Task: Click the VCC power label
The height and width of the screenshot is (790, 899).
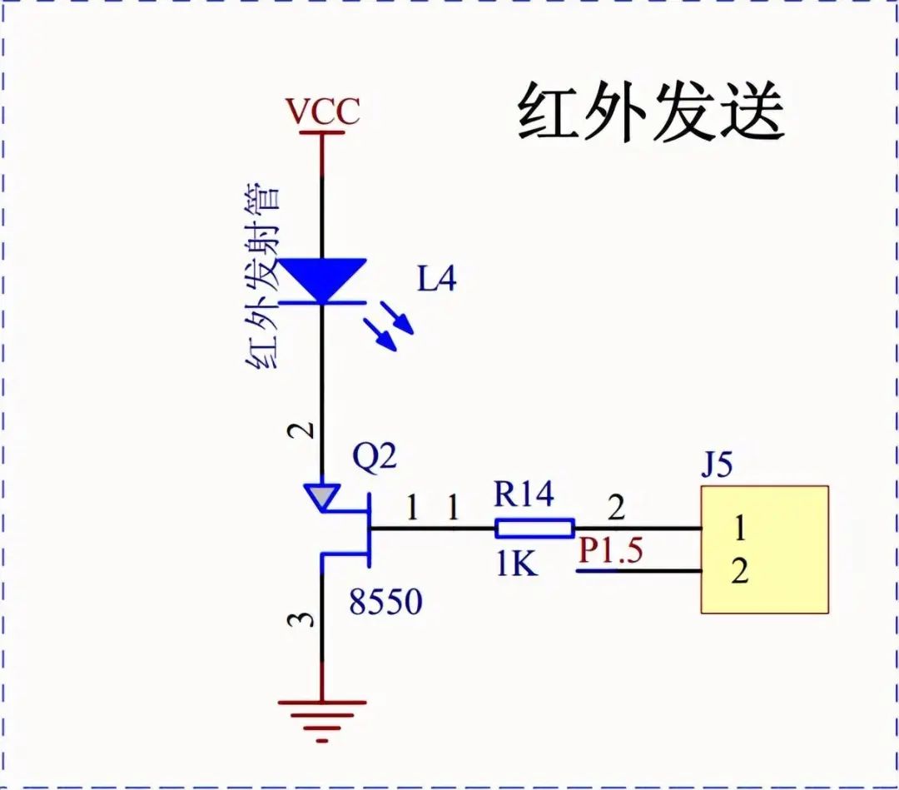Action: (x=322, y=112)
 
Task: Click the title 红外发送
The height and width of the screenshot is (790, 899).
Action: (x=651, y=113)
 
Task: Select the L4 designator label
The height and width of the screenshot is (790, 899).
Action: (x=437, y=281)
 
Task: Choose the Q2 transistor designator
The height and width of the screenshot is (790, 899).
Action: (x=375, y=457)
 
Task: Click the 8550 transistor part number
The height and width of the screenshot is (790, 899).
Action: (x=385, y=602)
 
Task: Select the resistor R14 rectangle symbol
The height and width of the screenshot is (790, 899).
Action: (x=534, y=528)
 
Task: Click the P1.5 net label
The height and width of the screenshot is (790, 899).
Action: (x=611, y=551)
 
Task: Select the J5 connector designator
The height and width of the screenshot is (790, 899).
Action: (x=717, y=465)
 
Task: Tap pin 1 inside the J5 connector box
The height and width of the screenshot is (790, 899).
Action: (x=739, y=528)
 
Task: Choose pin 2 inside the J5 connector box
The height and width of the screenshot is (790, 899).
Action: (x=739, y=573)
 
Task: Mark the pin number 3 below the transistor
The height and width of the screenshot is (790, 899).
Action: (x=306, y=619)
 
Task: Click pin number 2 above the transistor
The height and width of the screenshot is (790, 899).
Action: (x=306, y=430)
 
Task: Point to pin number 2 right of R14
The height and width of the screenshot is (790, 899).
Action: (x=615, y=508)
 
